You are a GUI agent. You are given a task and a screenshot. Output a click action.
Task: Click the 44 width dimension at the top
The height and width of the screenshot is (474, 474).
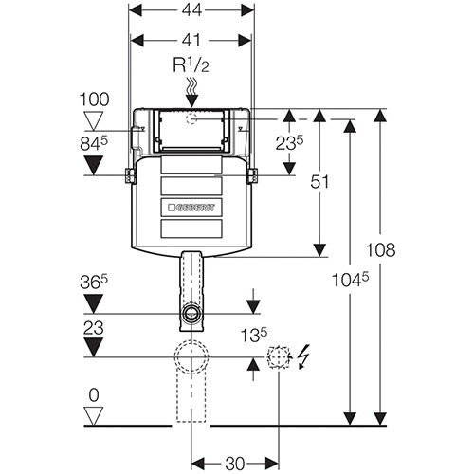coord(191,10)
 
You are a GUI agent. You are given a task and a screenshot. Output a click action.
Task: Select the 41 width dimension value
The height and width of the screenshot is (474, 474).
coord(191,40)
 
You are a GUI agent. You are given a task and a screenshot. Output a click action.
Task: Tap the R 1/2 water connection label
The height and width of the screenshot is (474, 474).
coord(191,64)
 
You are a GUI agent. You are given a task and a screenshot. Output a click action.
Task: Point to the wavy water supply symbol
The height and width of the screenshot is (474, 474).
coord(191,85)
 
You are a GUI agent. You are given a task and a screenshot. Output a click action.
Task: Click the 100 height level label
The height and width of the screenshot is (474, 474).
coord(94,100)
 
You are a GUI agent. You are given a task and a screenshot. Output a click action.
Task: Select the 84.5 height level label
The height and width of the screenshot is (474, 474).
coord(94,144)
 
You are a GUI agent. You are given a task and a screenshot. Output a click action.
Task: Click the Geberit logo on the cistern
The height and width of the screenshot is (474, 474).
coord(191,208)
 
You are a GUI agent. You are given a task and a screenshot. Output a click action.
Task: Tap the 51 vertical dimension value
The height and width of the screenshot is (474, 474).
coord(319,182)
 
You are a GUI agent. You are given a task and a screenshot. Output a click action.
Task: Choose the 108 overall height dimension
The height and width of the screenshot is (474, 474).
coord(380,249)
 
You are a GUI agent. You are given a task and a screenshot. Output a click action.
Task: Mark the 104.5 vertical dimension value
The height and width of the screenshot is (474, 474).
coord(350,280)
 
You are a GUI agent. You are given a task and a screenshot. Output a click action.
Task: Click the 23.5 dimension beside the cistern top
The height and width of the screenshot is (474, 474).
coord(289,143)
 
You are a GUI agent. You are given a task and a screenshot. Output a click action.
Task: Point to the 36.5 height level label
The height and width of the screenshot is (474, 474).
coord(94,282)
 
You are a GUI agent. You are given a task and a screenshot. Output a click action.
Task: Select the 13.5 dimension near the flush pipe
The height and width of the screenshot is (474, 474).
coord(254,335)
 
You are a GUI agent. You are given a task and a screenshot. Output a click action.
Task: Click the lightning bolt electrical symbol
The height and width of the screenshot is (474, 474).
coord(304,356)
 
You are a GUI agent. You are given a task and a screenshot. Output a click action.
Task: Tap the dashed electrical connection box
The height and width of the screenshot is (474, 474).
coord(278,357)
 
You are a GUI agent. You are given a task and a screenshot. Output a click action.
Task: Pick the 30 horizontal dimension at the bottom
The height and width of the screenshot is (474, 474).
coord(235,464)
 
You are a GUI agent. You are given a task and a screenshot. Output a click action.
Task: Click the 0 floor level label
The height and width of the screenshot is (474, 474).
coord(94,395)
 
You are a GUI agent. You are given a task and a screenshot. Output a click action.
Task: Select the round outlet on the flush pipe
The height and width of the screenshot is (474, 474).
coord(191,314)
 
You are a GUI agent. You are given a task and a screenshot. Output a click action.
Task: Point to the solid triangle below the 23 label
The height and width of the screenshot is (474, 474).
coord(94,348)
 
